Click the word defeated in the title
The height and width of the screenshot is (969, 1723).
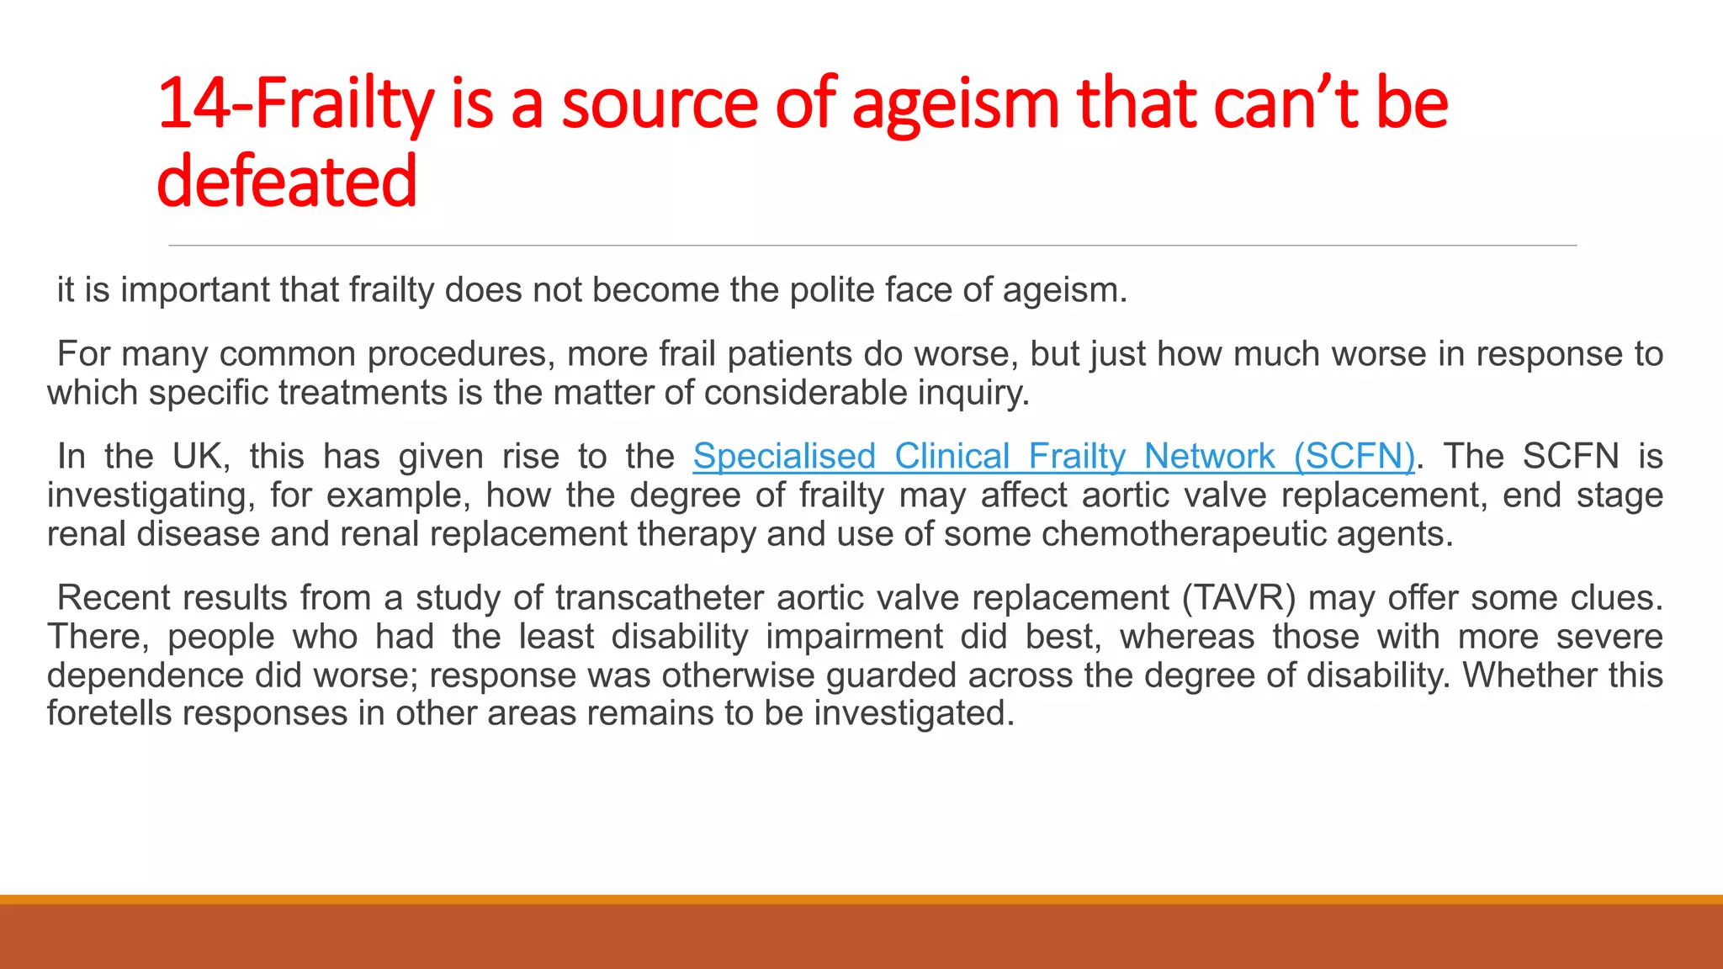(286, 182)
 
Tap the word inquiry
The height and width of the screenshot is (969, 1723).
(982, 393)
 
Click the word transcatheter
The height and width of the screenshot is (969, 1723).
(660, 598)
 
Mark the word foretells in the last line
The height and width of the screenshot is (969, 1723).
(109, 713)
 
